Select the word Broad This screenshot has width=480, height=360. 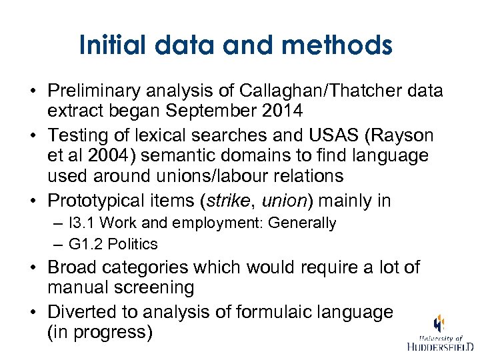click(x=70, y=268)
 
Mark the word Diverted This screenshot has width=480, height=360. click(x=80, y=311)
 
